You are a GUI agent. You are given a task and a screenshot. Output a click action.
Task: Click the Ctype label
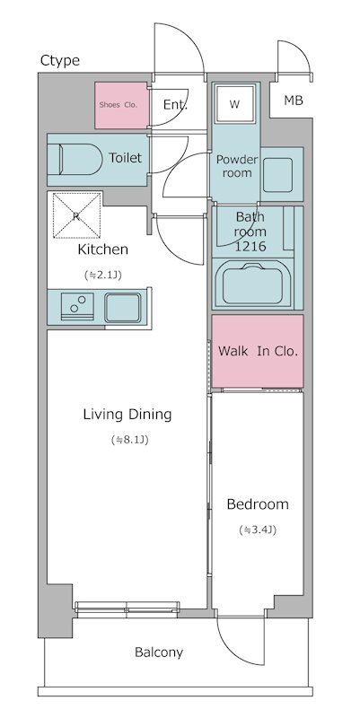coord(60,60)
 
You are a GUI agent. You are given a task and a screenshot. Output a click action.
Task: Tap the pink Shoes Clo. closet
coord(122,105)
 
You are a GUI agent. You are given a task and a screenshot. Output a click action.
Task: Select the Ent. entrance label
coord(175,105)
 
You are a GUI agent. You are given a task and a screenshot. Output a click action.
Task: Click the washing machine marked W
coord(235,103)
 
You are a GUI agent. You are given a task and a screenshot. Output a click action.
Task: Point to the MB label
coord(294,101)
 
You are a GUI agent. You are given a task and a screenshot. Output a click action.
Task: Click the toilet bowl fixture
coord(80,159)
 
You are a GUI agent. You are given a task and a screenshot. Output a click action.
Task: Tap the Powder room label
coord(237,166)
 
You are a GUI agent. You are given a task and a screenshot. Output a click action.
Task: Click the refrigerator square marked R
coord(77,215)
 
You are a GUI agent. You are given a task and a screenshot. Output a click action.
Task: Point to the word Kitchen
coord(102,250)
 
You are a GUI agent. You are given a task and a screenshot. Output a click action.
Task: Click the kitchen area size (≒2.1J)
coord(102,275)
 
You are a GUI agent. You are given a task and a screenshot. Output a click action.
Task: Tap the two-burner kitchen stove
coord(77,305)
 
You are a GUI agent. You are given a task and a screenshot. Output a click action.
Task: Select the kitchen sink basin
coord(122,308)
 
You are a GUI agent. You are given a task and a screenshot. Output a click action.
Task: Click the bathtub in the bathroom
coord(251,284)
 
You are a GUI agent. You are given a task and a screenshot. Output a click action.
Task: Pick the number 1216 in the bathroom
coord(250,246)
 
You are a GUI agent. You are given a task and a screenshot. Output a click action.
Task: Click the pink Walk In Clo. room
coord(258,351)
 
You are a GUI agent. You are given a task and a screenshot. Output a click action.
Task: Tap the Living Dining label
coord(127,415)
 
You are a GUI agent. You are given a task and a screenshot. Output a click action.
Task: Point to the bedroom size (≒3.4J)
coord(258,530)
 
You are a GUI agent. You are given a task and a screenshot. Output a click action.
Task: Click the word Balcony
coord(159,652)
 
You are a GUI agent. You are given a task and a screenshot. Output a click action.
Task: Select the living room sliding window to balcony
coord(127,608)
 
